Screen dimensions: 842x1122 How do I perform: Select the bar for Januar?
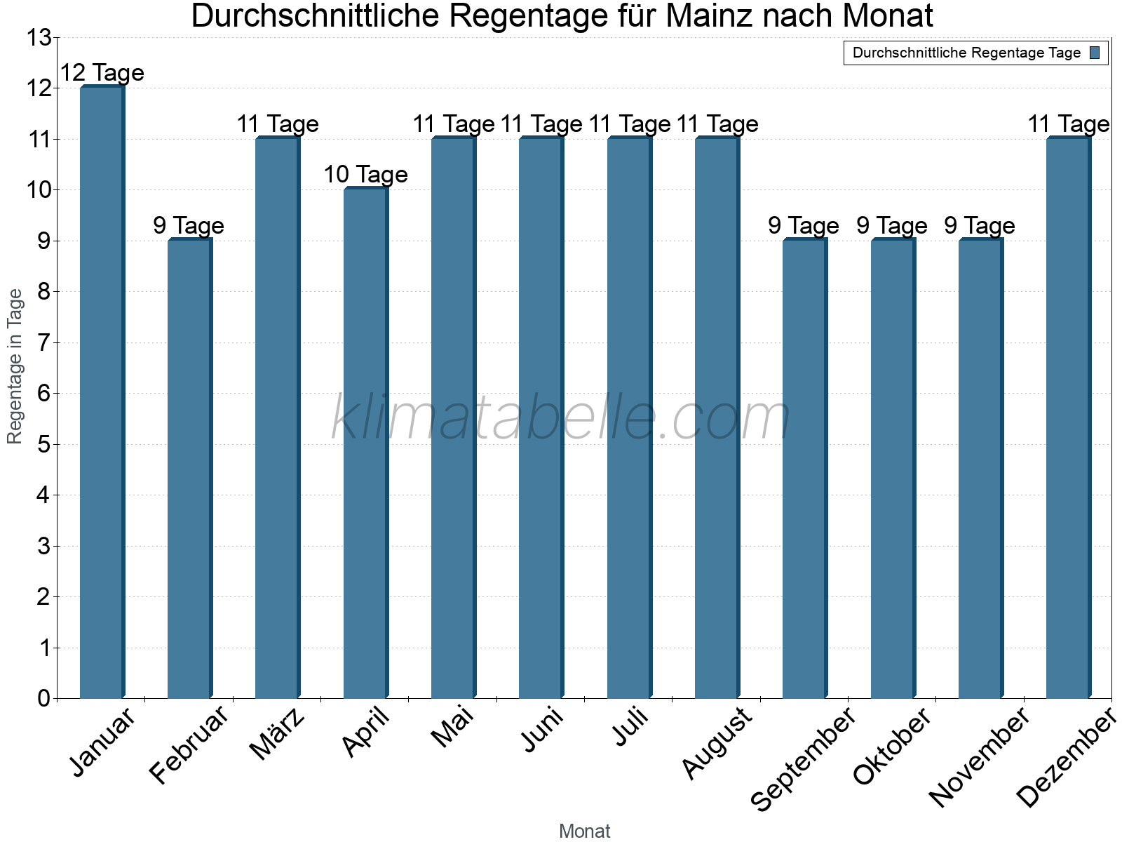(102, 393)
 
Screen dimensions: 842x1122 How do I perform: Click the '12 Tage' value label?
(102, 72)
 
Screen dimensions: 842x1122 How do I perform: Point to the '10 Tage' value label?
(365, 174)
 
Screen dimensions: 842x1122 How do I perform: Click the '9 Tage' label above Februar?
(189, 225)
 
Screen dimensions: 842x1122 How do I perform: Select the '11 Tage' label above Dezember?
(1068, 124)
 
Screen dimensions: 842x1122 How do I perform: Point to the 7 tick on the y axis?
(43, 343)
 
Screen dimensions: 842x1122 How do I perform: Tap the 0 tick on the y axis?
(43, 698)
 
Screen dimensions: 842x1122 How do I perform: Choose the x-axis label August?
(717, 744)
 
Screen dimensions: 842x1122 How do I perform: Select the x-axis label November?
(979, 758)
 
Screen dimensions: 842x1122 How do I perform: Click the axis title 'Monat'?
(584, 831)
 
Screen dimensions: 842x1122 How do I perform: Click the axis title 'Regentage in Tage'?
(15, 366)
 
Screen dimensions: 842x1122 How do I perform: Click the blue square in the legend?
(1095, 53)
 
